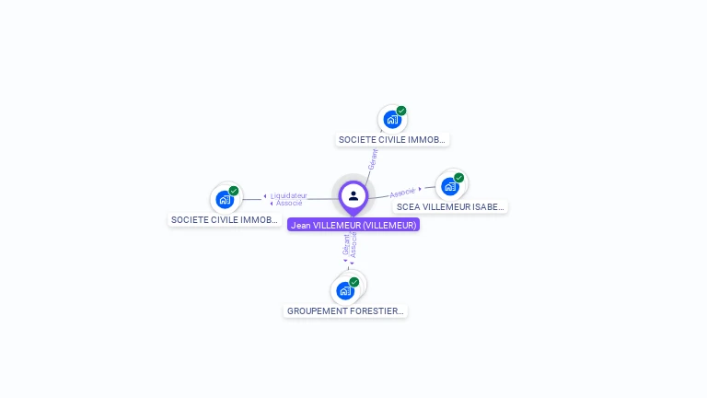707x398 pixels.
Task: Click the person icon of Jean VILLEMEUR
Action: (x=353, y=195)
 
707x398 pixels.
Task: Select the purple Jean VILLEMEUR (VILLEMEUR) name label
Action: (x=353, y=225)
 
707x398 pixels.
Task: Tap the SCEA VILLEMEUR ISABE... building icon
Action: (x=449, y=186)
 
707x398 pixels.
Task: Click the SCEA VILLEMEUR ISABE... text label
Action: (x=451, y=207)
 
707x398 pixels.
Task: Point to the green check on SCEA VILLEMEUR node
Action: (x=458, y=178)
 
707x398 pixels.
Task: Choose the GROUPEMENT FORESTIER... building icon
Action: (x=345, y=291)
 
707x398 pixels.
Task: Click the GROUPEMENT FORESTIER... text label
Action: (x=345, y=311)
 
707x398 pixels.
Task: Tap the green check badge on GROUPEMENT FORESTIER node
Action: (x=354, y=282)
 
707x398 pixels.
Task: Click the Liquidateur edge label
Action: (x=288, y=195)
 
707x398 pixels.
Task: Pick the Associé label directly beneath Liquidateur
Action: (x=289, y=203)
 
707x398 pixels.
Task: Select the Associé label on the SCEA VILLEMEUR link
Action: (x=402, y=193)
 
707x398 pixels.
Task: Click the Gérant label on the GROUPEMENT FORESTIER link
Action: (x=346, y=245)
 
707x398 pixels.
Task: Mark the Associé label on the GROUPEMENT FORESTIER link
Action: (x=353, y=245)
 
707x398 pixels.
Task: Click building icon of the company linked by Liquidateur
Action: (x=224, y=199)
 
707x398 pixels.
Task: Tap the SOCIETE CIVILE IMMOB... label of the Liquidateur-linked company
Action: (x=225, y=220)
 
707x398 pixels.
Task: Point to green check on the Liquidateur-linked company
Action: (x=234, y=191)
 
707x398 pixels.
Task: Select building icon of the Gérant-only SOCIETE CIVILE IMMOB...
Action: (x=392, y=119)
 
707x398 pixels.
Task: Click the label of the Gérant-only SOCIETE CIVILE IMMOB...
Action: (x=392, y=140)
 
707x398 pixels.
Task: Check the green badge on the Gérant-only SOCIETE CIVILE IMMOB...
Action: (x=401, y=111)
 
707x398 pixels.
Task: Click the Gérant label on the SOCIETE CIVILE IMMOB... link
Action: (x=373, y=158)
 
